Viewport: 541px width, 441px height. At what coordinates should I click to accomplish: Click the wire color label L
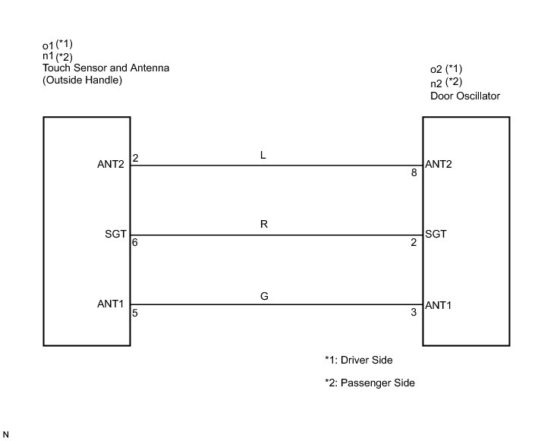263,155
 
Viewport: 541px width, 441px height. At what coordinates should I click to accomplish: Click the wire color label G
263,295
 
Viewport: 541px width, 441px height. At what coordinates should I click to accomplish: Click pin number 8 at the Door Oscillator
414,173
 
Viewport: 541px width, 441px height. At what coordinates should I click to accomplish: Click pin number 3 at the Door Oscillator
414,313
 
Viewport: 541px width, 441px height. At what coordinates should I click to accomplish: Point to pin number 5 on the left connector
135,313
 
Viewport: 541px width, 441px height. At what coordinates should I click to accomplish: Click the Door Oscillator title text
464,96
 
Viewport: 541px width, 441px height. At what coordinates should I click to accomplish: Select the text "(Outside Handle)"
82,80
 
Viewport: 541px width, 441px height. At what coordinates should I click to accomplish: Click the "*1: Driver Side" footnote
359,360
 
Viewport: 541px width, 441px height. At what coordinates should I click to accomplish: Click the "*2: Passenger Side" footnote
369,383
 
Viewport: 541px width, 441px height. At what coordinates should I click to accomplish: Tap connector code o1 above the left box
49,45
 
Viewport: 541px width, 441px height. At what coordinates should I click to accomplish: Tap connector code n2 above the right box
436,83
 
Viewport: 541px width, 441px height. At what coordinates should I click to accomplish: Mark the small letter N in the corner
7,434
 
